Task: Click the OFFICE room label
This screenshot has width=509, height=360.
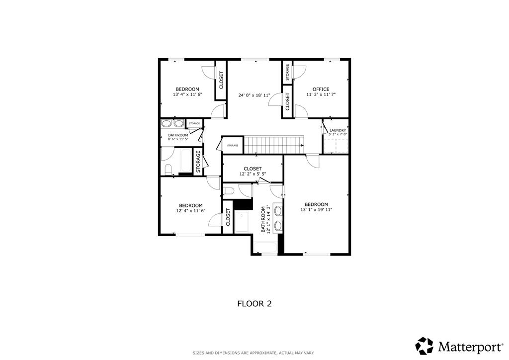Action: pyautogui.click(x=321, y=90)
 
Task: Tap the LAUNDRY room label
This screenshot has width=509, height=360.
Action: pyautogui.click(x=338, y=130)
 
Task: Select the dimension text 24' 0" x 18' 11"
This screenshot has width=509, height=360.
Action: pyautogui.click(x=254, y=95)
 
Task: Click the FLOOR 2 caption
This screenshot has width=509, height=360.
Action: pyautogui.click(x=254, y=304)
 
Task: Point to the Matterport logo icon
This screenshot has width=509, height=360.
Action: pyautogui.click(x=424, y=346)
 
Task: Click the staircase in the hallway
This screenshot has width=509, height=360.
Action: pyautogui.click(x=273, y=145)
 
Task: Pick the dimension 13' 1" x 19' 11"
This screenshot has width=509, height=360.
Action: pyautogui.click(x=316, y=210)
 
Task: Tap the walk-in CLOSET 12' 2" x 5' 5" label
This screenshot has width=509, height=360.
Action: pyautogui.click(x=253, y=172)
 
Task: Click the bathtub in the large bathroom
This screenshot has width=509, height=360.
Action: pyautogui.click(x=265, y=247)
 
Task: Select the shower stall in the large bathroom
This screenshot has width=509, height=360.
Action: pyautogui.click(x=242, y=222)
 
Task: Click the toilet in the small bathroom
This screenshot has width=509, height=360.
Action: pyautogui.click(x=168, y=170)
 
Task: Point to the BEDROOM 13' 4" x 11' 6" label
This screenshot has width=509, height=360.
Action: pyautogui.click(x=187, y=92)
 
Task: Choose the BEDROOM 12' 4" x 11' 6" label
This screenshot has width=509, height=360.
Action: pyautogui.click(x=191, y=208)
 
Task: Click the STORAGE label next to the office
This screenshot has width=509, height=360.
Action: pyautogui.click(x=287, y=73)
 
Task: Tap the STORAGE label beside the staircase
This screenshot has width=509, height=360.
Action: pyautogui.click(x=233, y=145)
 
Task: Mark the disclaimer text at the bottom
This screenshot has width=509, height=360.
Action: pyautogui.click(x=254, y=353)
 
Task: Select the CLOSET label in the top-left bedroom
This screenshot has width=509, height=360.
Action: pyautogui.click(x=221, y=80)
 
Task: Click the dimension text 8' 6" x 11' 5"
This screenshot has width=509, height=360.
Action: pyautogui.click(x=178, y=139)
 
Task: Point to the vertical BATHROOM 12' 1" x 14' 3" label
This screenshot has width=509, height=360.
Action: pyautogui.click(x=266, y=219)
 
